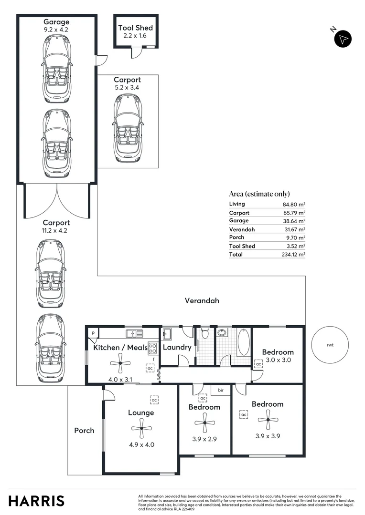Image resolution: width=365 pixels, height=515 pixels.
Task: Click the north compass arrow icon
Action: [x=343, y=39]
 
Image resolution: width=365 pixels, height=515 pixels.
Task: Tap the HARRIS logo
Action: [x=36, y=501]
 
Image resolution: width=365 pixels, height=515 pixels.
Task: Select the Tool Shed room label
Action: [x=135, y=28]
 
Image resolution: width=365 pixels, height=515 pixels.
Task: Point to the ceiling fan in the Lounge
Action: [x=142, y=429]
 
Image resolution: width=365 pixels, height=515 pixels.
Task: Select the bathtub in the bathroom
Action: [x=243, y=341]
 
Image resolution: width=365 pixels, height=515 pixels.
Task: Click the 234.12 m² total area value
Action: [x=294, y=255]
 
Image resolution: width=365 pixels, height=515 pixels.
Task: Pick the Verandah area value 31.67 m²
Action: [x=295, y=229]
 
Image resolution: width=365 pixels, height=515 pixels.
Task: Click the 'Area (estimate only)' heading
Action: [x=259, y=194]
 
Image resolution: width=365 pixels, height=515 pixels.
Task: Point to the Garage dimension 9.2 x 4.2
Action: [x=56, y=30]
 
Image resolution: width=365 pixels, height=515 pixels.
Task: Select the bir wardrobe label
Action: [x=221, y=390]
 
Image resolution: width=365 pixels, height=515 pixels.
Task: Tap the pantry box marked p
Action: [x=93, y=332]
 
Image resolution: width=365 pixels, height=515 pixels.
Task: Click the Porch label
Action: [x=84, y=431]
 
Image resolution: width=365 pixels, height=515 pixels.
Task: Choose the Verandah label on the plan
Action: [x=202, y=301]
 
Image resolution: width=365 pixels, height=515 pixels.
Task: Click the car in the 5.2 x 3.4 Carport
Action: [x=128, y=129]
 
